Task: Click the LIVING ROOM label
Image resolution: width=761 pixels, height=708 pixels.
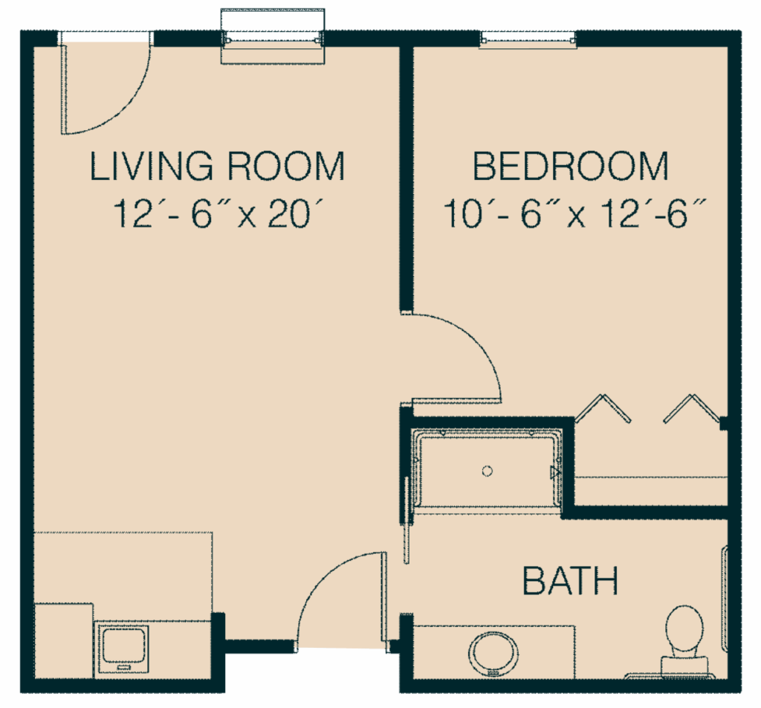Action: point(217,166)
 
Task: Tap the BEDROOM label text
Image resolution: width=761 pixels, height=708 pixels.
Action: point(571,166)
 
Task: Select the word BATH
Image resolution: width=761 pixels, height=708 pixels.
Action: point(571,581)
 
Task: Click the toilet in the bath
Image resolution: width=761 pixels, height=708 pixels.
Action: point(684,628)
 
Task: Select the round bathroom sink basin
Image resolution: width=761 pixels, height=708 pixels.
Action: point(493,652)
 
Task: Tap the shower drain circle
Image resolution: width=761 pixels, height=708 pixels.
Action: point(488,471)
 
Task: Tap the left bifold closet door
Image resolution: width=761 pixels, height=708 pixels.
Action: point(603,408)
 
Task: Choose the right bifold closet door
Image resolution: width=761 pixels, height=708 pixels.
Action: point(693,408)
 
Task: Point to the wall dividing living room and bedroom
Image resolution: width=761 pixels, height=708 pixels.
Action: point(406,178)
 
